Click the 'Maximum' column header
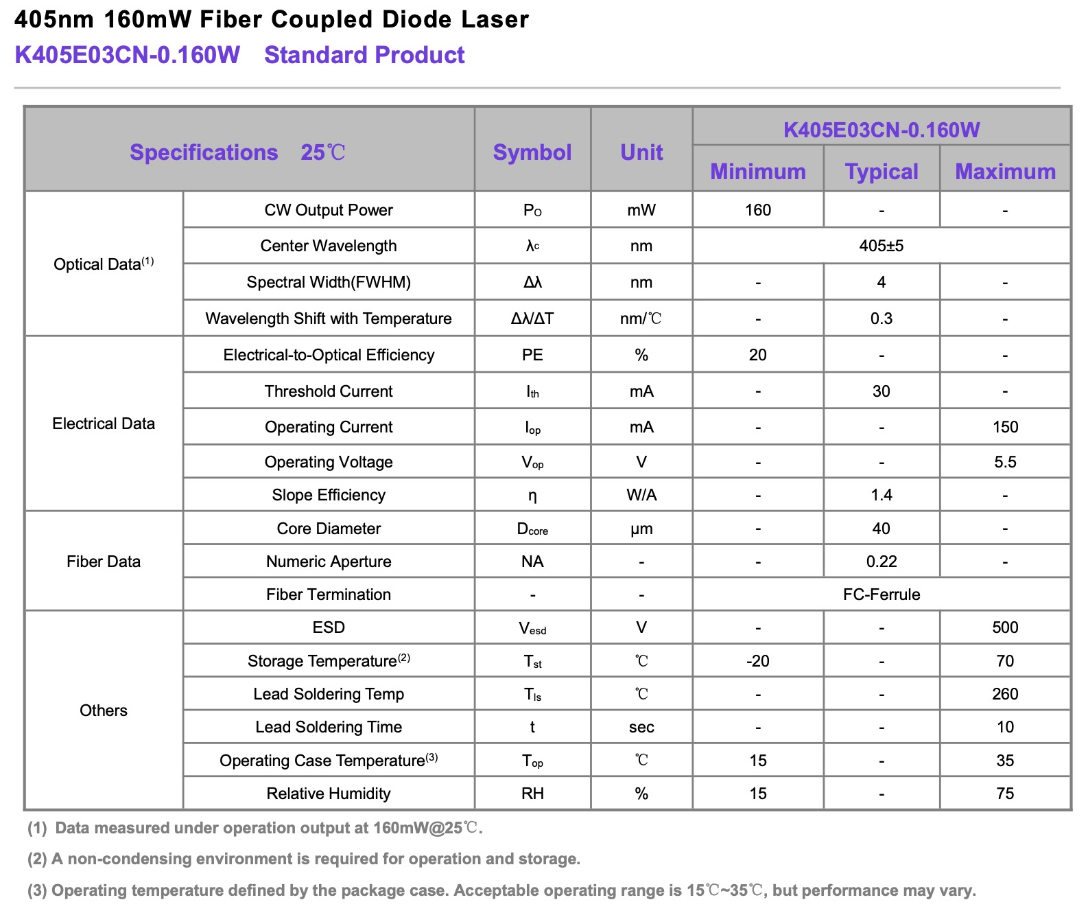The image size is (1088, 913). tap(1005, 172)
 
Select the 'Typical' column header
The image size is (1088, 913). tap(882, 172)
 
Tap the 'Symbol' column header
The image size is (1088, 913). tap(532, 152)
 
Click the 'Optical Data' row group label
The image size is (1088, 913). tap(104, 264)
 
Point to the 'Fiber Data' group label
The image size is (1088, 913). tap(104, 562)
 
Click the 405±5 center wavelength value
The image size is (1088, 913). tap(882, 246)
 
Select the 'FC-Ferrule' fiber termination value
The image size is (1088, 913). tap(882, 594)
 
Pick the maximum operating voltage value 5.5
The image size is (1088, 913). tap(1005, 462)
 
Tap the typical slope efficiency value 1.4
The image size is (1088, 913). tap(882, 495)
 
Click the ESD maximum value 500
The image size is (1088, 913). tap(1005, 627)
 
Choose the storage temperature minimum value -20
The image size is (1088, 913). tap(758, 661)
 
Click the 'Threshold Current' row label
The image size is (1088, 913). tap(329, 391)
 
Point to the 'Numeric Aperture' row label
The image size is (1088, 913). tap(329, 562)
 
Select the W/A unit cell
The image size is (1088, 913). tap(641, 495)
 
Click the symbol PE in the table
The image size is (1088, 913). tap(532, 355)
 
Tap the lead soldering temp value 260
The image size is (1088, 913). tap(1005, 694)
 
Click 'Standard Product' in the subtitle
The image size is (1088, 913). tap(364, 55)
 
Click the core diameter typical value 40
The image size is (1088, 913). tap(882, 529)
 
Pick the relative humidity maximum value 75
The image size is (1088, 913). tap(1005, 794)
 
